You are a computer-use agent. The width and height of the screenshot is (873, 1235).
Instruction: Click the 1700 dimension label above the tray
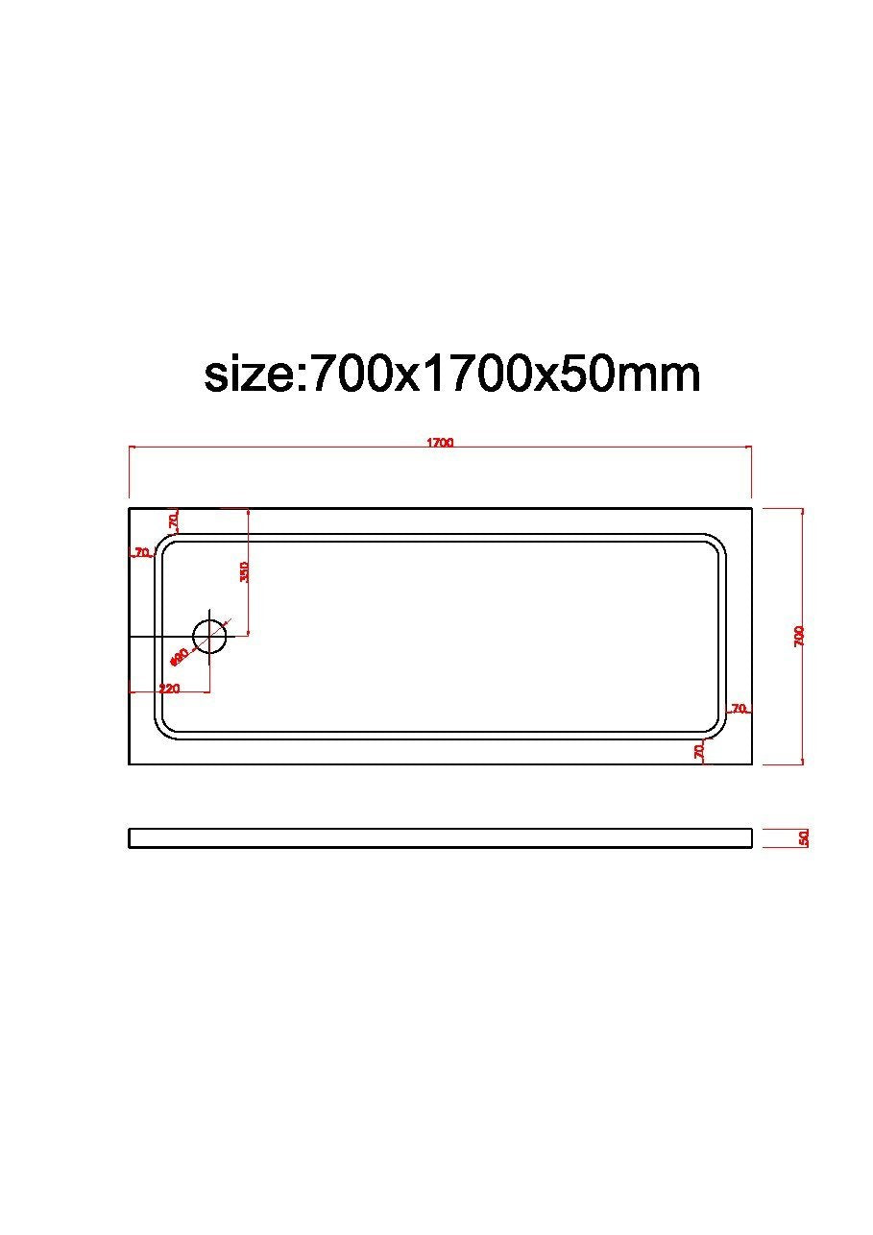pyautogui.click(x=440, y=443)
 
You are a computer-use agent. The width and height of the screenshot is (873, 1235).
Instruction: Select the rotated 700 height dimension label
pyautogui.click(x=799, y=636)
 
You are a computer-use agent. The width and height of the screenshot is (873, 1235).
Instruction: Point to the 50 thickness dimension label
pyautogui.click(x=804, y=838)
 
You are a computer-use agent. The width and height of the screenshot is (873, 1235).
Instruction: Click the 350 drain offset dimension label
pyautogui.click(x=244, y=571)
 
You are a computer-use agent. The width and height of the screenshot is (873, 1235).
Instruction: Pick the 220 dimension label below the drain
pyautogui.click(x=169, y=689)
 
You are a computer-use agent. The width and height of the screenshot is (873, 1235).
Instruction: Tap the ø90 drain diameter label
pyautogui.click(x=179, y=657)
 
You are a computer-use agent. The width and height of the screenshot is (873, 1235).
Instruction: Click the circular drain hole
pyautogui.click(x=209, y=635)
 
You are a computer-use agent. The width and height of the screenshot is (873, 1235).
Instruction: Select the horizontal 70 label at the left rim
pyautogui.click(x=142, y=552)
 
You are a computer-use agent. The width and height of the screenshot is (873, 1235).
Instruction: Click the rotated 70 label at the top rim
pyautogui.click(x=174, y=521)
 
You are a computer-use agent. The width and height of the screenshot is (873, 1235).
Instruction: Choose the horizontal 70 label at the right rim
pyautogui.click(x=739, y=709)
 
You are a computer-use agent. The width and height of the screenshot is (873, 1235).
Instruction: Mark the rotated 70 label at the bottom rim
pyautogui.click(x=700, y=750)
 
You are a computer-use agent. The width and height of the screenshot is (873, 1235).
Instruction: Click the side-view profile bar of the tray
pyautogui.click(x=440, y=838)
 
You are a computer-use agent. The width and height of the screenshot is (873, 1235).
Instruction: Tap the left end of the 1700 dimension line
pyautogui.click(x=130, y=447)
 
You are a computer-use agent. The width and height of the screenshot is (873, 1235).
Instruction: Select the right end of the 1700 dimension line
pyautogui.click(x=751, y=447)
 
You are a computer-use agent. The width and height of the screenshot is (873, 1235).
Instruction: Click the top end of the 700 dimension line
pyautogui.click(x=802, y=508)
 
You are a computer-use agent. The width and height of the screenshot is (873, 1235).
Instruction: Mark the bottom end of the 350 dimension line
pyautogui.click(x=249, y=634)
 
